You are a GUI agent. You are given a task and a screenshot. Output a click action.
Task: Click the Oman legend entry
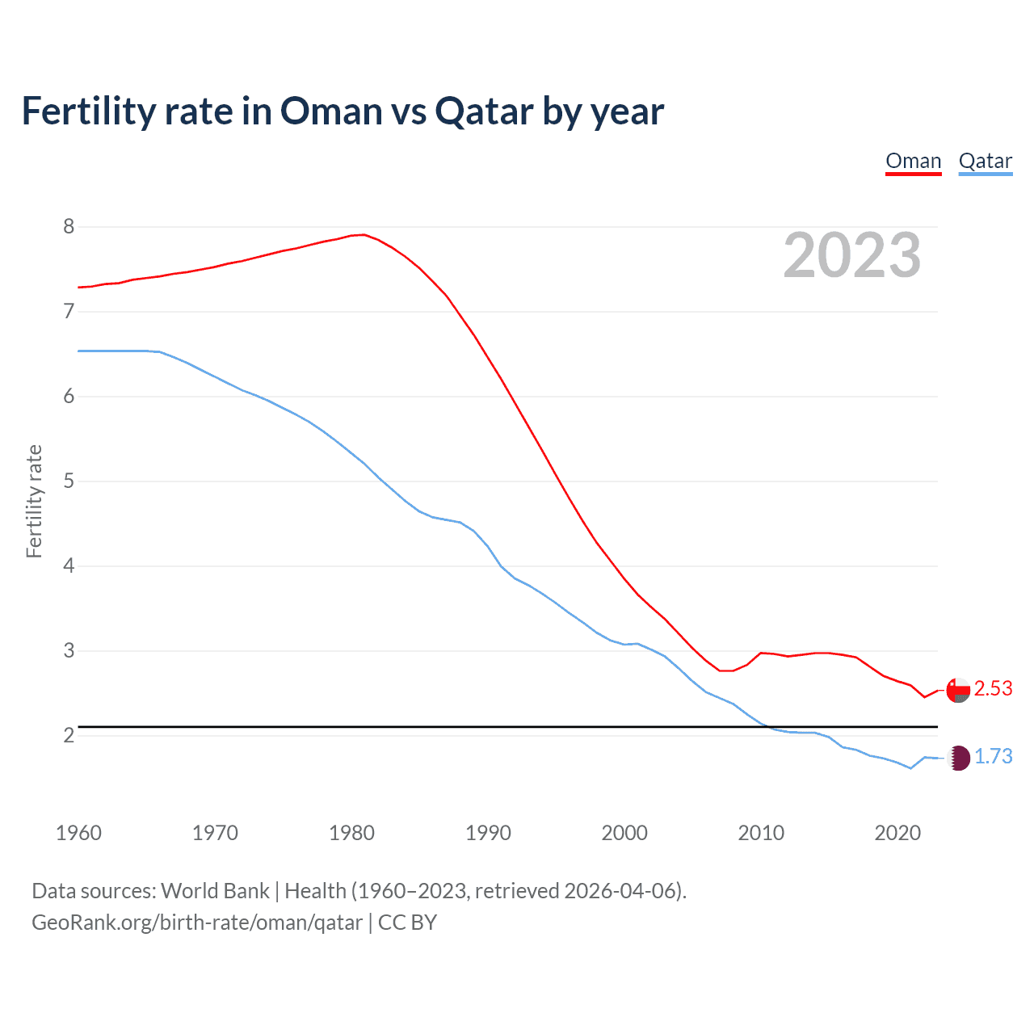click(913, 161)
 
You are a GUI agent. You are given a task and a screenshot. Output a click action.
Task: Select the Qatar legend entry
click(985, 161)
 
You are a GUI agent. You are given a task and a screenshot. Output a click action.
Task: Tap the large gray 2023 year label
click(851, 255)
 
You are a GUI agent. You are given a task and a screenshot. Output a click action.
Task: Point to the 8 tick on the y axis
click(69, 227)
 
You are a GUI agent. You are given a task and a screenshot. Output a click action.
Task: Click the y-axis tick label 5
click(69, 481)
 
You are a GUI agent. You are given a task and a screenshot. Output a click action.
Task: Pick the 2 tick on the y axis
click(69, 736)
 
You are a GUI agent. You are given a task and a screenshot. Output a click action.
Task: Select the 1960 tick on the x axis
click(78, 833)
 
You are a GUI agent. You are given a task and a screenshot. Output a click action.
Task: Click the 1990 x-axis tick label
click(488, 833)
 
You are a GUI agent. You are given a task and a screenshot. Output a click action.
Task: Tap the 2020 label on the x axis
click(897, 833)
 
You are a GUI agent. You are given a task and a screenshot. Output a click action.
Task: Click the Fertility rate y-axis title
click(34, 501)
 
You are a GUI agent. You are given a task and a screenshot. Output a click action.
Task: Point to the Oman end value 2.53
click(993, 689)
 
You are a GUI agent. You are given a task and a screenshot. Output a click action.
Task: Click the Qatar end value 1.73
click(993, 757)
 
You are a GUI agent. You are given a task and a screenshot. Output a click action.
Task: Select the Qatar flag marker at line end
click(958, 758)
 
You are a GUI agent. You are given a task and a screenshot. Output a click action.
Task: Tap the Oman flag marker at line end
click(958, 690)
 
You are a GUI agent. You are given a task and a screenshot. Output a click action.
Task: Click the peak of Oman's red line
click(364, 234)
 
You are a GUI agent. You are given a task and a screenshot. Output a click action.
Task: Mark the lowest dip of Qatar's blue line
click(910, 768)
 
